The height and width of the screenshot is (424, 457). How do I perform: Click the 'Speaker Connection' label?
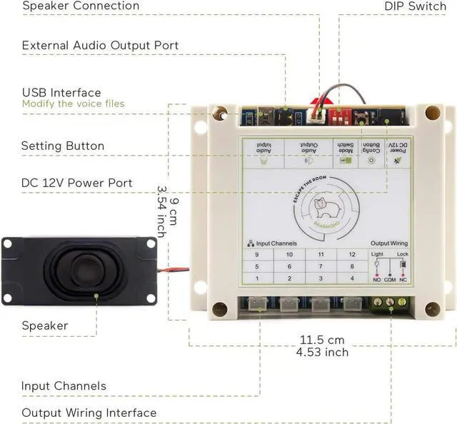point(81,6)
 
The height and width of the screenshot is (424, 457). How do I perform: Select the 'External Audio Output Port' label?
point(100,46)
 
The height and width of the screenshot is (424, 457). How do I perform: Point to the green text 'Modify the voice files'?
point(73,104)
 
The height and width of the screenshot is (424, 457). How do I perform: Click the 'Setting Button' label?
point(63,146)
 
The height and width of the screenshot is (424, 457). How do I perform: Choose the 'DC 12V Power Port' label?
point(77,183)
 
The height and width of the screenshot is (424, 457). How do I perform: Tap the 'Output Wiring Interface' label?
point(89,413)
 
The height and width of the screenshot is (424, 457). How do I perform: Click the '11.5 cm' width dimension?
point(322,340)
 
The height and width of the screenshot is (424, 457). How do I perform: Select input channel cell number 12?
point(351,254)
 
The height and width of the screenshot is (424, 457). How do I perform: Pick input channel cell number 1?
point(257,278)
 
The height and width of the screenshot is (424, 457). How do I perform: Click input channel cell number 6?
point(289,266)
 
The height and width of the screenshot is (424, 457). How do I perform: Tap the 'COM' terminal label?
point(389,280)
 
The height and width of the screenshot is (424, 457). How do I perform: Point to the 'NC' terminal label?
point(403,280)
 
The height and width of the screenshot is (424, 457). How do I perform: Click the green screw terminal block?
point(389,303)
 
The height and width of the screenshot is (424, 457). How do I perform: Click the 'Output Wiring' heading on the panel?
point(389,243)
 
